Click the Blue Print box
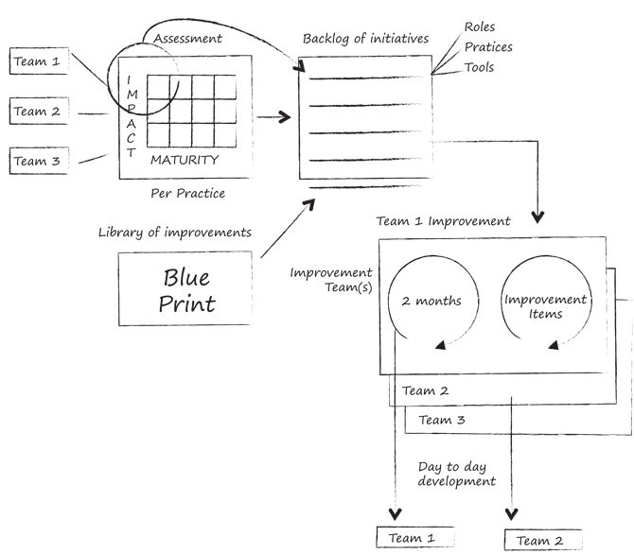tap(187, 289)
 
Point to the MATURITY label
tap(185, 160)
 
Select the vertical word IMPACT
tap(131, 118)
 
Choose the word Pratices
tap(489, 47)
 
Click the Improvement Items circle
tap(544, 304)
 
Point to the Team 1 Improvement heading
tap(443, 222)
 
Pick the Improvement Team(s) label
tap(330, 281)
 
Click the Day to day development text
tap(456, 474)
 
